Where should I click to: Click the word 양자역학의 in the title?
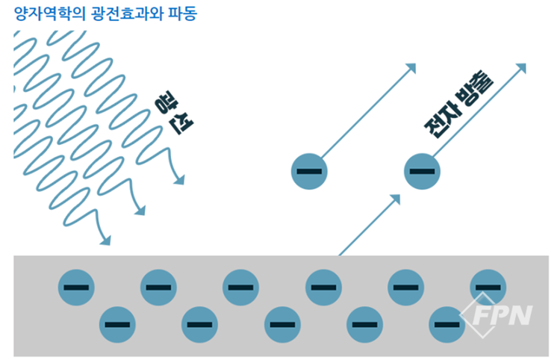point(44,13)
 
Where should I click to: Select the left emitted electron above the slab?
point(309,171)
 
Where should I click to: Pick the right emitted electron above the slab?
point(422,171)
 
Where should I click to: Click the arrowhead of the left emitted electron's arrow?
point(410,69)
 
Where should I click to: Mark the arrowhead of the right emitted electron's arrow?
point(522,69)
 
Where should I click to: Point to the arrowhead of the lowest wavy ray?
point(105,240)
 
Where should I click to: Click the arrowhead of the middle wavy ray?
point(139,211)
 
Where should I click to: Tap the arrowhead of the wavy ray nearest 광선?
point(178,179)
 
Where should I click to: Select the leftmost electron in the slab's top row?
point(76,287)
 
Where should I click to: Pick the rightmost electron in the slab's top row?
point(488,287)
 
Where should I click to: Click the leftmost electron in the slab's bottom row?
point(117,324)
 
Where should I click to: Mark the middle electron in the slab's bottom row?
point(282,324)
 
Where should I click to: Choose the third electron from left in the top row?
point(241,287)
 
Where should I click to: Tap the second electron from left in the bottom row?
point(199,324)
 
